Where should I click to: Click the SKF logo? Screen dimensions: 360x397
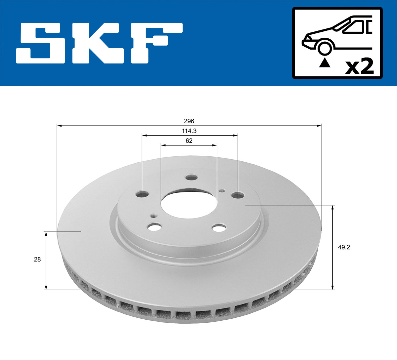(99, 43)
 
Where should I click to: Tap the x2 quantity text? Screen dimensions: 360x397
(359, 66)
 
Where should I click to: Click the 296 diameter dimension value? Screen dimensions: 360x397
(189, 121)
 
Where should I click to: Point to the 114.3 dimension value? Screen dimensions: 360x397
(189, 131)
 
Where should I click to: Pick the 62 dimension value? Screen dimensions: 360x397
(189, 140)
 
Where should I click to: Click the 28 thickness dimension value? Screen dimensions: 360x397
(37, 260)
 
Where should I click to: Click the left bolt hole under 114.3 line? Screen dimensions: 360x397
(142, 194)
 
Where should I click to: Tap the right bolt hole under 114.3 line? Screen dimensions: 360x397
(238, 195)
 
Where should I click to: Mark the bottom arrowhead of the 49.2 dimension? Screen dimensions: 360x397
(333, 288)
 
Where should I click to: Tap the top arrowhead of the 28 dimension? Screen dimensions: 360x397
(46, 234)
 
